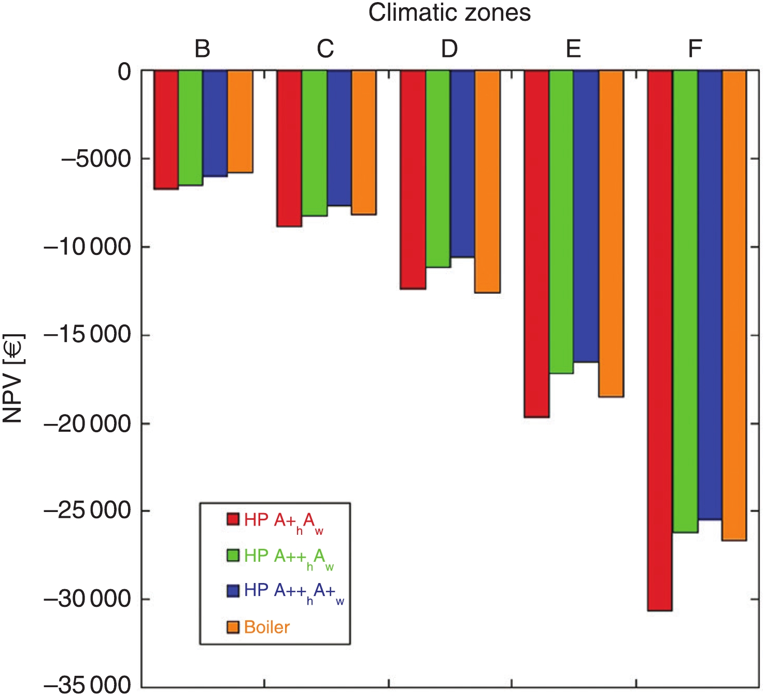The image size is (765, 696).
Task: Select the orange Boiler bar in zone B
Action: [240, 121]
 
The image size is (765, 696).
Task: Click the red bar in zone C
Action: [289, 148]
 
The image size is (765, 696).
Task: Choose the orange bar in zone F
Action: [734, 305]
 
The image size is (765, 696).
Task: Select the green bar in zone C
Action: [315, 143]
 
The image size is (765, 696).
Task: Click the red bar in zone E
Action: [536, 244]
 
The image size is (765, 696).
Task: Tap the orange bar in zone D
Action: [488, 181]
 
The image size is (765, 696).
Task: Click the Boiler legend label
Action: [267, 627]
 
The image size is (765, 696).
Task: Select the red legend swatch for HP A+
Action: [233, 519]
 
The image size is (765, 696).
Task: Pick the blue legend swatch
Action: [233, 591]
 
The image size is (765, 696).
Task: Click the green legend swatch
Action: [233, 555]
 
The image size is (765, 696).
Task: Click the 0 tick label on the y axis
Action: [124, 72]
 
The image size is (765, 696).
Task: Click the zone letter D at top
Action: [449, 49]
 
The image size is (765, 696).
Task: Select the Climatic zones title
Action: [449, 12]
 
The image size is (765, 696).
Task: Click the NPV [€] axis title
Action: [12, 378]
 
